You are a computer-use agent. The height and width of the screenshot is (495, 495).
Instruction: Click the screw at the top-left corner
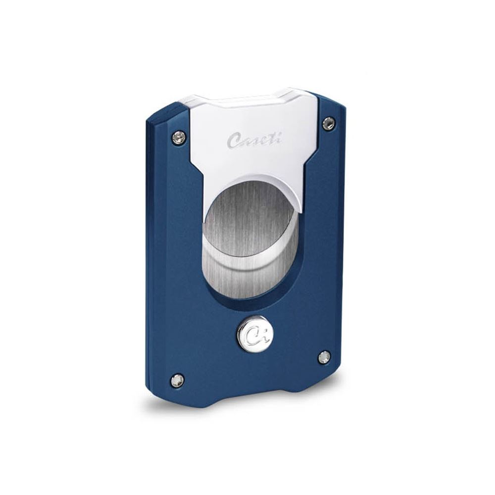pos(179,137)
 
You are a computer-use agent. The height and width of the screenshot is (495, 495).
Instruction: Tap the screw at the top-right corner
pos(328,123)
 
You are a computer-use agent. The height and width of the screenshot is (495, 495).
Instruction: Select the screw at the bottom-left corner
pos(177,380)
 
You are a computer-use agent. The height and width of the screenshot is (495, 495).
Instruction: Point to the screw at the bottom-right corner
pos(324,357)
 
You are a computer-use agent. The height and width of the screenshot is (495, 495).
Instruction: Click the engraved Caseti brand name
pos(254,140)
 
